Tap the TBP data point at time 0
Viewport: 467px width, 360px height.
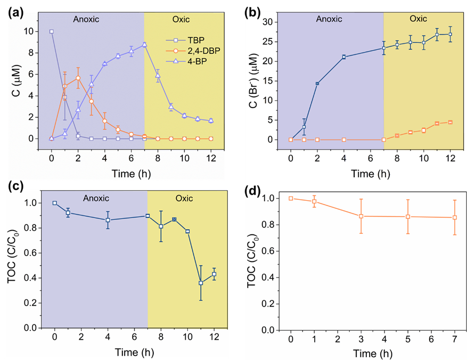tap(51, 31)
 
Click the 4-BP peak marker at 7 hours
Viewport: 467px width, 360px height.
tap(144, 45)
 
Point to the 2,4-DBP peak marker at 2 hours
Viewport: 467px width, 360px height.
tap(78, 78)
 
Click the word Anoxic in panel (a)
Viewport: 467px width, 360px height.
tap(86, 19)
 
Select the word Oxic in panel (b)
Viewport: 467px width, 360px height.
tap(418, 19)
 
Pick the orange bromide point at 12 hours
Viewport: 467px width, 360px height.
tap(450, 122)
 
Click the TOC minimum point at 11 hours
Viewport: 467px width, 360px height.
tap(201, 283)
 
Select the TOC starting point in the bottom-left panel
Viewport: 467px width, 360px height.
tap(54, 203)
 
